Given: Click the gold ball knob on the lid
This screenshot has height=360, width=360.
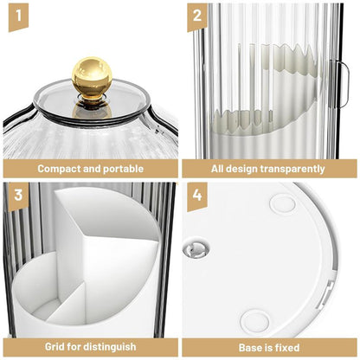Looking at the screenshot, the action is point(92,76).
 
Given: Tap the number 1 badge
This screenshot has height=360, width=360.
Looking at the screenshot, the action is point(18,16).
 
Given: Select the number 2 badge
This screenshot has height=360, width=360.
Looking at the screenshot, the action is point(197,16).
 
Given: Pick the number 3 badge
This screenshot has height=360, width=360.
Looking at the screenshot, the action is point(18,196).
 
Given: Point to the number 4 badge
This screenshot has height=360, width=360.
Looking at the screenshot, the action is point(197,196).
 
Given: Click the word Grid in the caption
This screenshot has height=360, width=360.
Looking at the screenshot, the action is point(55,346).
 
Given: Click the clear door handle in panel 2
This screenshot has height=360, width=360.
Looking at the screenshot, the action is point(343,84).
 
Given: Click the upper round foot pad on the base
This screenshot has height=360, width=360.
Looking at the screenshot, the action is point(283,204).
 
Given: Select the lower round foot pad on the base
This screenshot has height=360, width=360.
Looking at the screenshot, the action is point(254,320).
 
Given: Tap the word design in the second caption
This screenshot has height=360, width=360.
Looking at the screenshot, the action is point(240,169).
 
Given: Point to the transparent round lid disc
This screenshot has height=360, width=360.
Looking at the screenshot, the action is point(93,101).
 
